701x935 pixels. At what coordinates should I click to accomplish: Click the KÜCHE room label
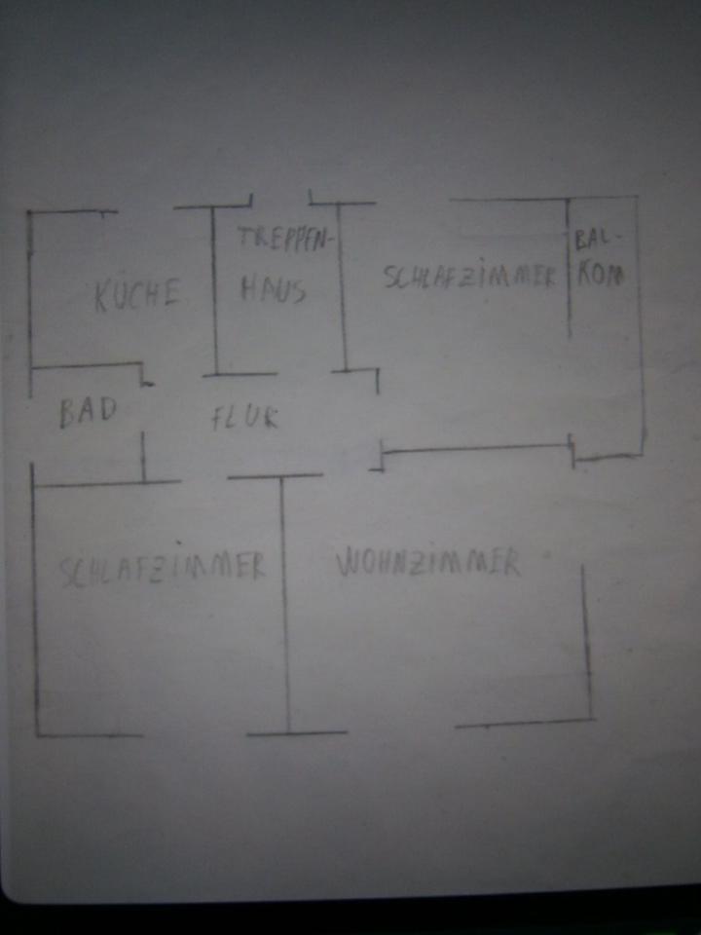(137, 295)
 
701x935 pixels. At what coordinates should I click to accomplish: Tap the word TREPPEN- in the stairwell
(285, 240)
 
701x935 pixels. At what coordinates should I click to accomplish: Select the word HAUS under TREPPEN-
(274, 289)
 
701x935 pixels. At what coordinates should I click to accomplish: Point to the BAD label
(88, 412)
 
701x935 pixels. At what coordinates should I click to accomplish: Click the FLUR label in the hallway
(244, 418)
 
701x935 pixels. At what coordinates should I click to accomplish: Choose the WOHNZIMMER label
(426, 563)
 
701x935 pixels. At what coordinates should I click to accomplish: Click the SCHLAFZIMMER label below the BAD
(163, 568)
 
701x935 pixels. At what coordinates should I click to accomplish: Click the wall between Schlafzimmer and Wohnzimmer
(285, 604)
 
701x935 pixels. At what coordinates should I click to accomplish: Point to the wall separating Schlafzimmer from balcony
(570, 268)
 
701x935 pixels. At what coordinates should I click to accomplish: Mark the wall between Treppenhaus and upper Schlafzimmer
(342, 287)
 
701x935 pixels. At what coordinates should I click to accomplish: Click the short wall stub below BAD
(143, 456)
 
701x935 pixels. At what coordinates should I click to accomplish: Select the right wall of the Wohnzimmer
(586, 643)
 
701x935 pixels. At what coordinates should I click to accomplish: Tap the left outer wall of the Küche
(29, 288)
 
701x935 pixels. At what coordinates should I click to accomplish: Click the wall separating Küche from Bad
(88, 366)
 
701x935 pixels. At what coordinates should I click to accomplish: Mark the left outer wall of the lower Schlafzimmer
(35, 599)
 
